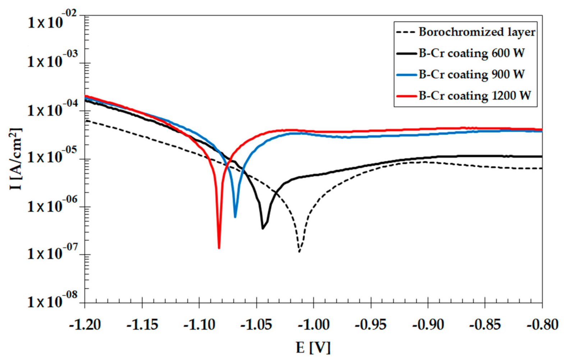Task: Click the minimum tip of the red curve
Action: pos(219,247)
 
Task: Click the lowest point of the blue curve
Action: pos(235,216)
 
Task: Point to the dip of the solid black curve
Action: pos(263,228)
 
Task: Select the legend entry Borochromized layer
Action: pos(477,32)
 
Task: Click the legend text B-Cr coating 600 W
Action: pos(471,53)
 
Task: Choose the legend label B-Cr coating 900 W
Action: pos(471,74)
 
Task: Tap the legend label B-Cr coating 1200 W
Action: pos(475,96)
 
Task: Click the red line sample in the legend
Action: pos(407,96)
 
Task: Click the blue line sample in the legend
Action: pos(407,75)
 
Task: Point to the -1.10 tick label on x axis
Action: pos(199,325)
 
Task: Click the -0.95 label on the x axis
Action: pos(371,325)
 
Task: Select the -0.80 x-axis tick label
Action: pos(542,325)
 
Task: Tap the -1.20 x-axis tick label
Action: pos(85,325)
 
